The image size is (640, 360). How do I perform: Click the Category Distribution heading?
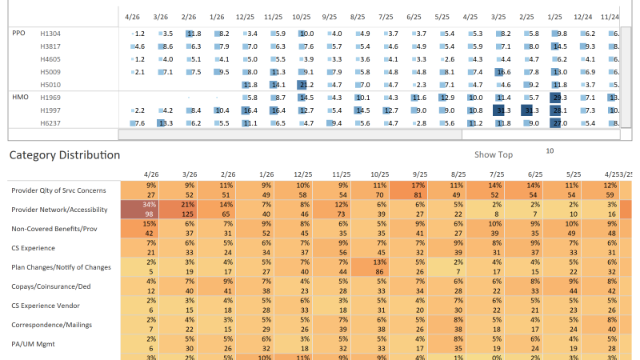(64, 155)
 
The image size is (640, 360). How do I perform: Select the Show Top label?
(494, 154)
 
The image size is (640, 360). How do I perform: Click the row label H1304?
(50, 33)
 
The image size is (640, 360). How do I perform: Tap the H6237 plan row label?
(50, 122)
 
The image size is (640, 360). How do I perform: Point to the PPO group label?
(19, 33)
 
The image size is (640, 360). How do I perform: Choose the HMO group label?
(20, 97)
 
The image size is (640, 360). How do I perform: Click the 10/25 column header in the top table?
(302, 16)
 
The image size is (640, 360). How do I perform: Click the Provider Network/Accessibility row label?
(61, 210)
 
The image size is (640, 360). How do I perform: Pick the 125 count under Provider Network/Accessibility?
(189, 214)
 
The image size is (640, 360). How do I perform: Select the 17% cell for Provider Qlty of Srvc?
(418, 185)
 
